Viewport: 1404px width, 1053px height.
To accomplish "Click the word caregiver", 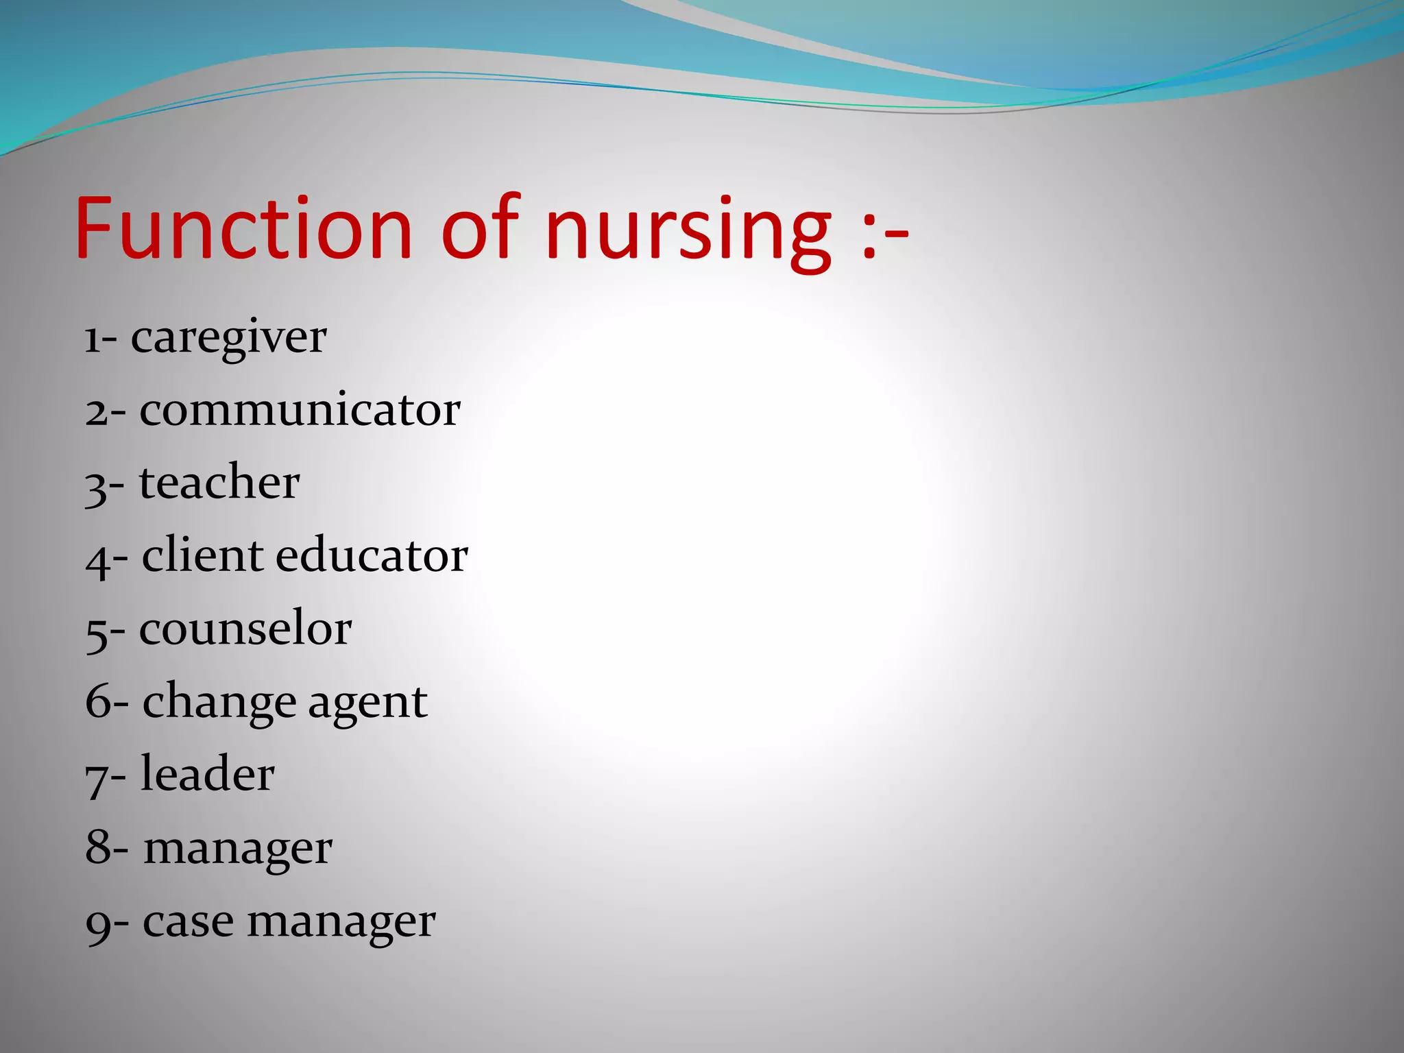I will [228, 339].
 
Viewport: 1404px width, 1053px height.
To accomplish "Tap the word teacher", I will [219, 483].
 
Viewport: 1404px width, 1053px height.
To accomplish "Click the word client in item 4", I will [202, 555].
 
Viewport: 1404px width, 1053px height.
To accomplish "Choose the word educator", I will [372, 555].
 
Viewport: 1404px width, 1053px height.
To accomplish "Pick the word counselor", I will [245, 629].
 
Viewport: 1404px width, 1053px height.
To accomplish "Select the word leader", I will [208, 775].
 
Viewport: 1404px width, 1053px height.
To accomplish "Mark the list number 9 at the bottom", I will [97, 925].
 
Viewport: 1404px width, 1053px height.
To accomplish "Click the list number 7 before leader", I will [96, 779].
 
